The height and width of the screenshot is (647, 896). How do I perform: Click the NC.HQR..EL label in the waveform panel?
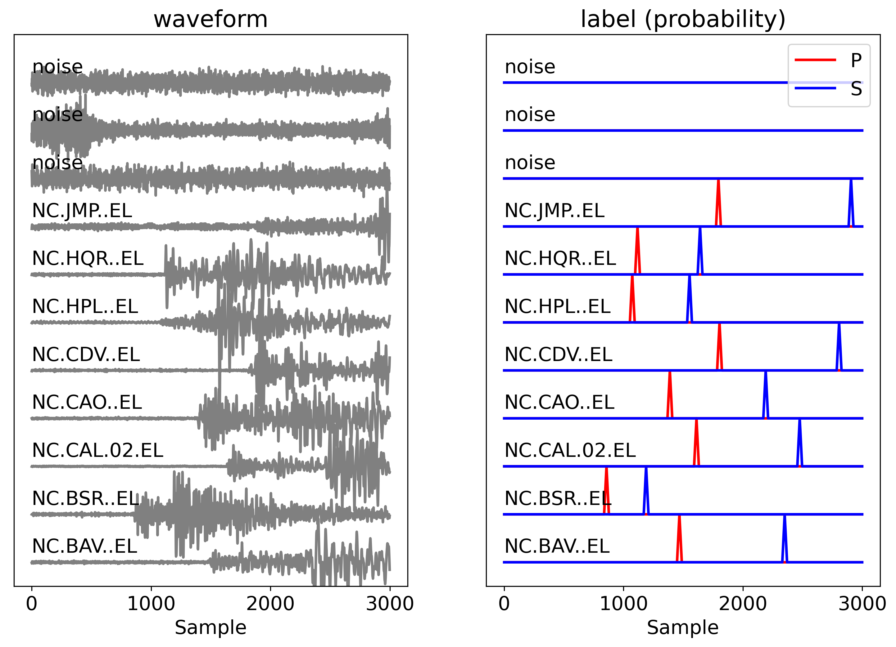[x=88, y=259]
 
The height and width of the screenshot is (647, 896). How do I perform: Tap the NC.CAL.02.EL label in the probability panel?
[x=570, y=450]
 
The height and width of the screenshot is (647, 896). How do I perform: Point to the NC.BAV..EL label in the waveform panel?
[x=84, y=546]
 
